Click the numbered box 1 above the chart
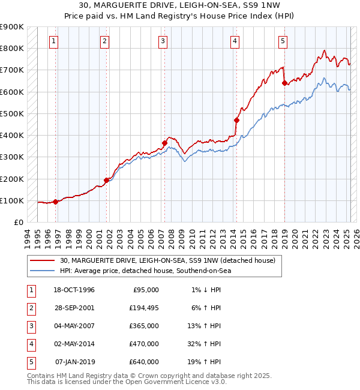tap(54, 41)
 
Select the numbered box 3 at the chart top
tap(163, 41)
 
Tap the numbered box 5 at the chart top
tap(283, 41)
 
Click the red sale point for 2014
tap(236, 120)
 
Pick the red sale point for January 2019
tap(284, 83)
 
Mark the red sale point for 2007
tap(164, 143)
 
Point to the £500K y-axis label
tap(12, 113)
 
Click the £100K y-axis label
tap(12, 200)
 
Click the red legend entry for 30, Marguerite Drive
tap(167, 260)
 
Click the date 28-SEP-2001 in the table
tap(74, 308)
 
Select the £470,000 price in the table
tap(144, 344)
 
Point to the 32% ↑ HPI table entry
tap(203, 344)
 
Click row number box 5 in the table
tap(31, 362)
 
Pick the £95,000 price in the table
tap(146, 290)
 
